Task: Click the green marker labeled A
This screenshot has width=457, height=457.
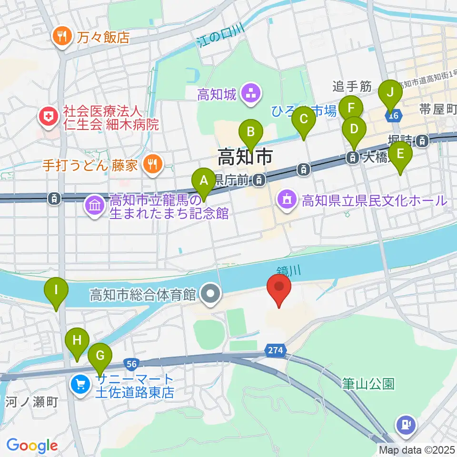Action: (204, 181)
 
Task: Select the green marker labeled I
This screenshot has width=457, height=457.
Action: (56, 290)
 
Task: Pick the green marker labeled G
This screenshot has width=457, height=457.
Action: (100, 356)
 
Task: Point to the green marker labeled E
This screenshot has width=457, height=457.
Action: (400, 155)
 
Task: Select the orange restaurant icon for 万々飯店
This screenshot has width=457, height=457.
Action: (62, 37)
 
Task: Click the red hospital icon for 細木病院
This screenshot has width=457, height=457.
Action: (48, 117)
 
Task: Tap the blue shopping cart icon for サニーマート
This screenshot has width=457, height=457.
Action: (79, 384)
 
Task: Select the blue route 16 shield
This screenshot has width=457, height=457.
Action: (393, 115)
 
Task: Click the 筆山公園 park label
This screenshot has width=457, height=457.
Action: (368, 384)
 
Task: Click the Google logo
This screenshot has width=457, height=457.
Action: (31, 446)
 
